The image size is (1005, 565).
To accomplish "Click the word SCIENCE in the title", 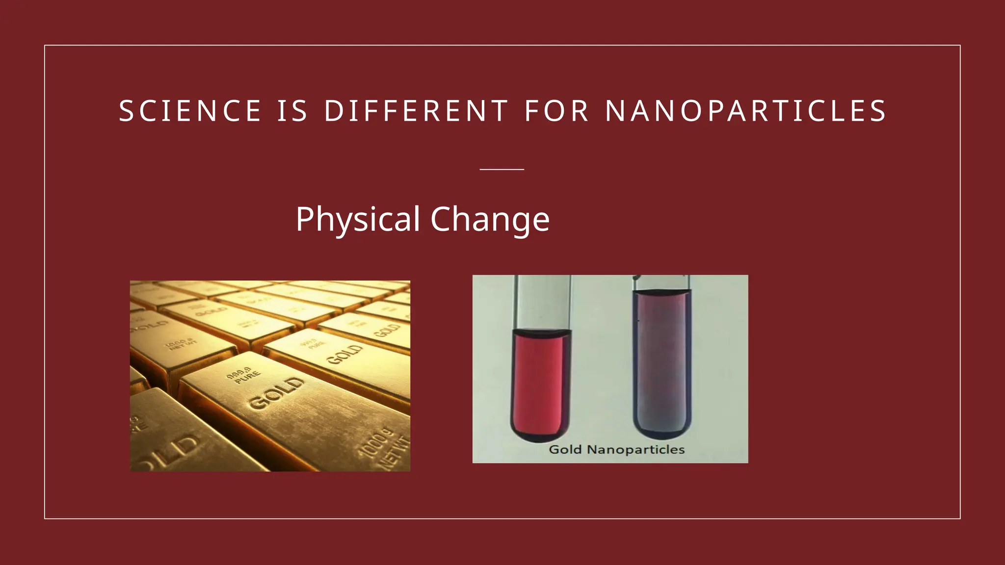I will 190,111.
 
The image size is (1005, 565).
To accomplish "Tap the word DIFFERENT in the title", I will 417,111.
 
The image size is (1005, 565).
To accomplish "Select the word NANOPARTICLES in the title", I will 746,111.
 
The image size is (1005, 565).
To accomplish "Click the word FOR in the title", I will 556,111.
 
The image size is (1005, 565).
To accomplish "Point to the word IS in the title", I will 292,111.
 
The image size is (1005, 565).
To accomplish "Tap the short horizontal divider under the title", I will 502,169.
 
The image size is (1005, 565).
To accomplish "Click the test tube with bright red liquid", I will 541,383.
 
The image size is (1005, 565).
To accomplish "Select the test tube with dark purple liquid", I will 662,363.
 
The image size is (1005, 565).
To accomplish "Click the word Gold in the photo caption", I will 565,449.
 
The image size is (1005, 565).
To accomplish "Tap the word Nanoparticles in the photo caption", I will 635,449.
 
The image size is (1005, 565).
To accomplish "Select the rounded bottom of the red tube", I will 540,432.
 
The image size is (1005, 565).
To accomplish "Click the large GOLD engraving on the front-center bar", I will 276,393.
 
